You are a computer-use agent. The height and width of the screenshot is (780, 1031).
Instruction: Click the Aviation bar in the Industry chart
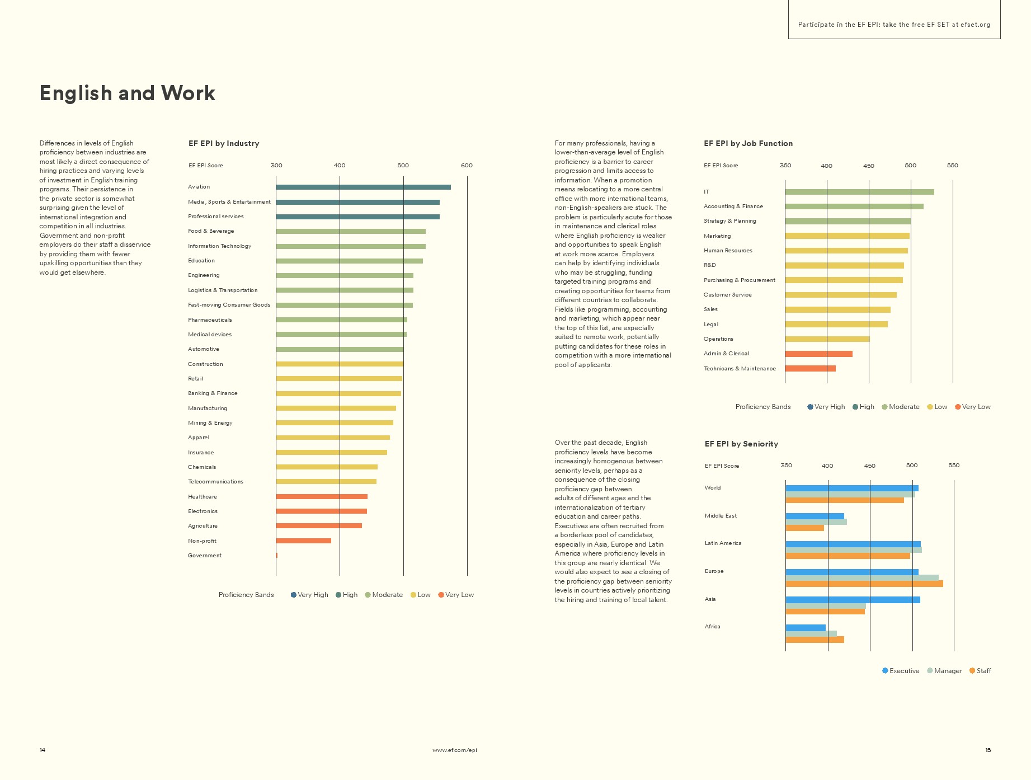[363, 187]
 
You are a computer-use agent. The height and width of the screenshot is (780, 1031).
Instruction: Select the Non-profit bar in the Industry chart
[303, 541]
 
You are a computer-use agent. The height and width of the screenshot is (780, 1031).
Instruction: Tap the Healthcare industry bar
[322, 496]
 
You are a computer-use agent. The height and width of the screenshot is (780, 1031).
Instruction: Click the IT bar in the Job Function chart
[859, 192]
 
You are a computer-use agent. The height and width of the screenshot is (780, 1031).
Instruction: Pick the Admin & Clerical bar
[818, 354]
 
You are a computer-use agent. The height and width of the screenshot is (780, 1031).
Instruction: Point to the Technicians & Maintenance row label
[740, 369]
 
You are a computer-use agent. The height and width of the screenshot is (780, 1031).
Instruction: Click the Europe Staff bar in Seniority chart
[864, 584]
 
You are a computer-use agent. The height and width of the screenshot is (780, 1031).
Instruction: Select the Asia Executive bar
[853, 600]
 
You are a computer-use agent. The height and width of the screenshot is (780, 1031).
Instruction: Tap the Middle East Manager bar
[816, 521]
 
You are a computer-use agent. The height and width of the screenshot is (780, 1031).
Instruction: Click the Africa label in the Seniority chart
[712, 627]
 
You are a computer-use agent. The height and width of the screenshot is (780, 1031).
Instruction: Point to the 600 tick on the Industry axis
[467, 166]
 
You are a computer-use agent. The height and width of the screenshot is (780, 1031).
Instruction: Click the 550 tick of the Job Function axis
[952, 166]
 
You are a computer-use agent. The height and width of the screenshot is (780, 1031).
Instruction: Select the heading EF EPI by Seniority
[741, 444]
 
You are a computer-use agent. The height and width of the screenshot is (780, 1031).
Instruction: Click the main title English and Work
[127, 93]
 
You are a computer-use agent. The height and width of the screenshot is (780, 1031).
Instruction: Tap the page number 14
[43, 750]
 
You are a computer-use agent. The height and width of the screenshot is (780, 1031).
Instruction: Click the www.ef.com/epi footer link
[454, 750]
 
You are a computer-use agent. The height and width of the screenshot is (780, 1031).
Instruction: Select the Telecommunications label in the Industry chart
[215, 482]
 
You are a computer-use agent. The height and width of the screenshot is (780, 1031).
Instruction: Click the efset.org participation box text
[894, 25]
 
